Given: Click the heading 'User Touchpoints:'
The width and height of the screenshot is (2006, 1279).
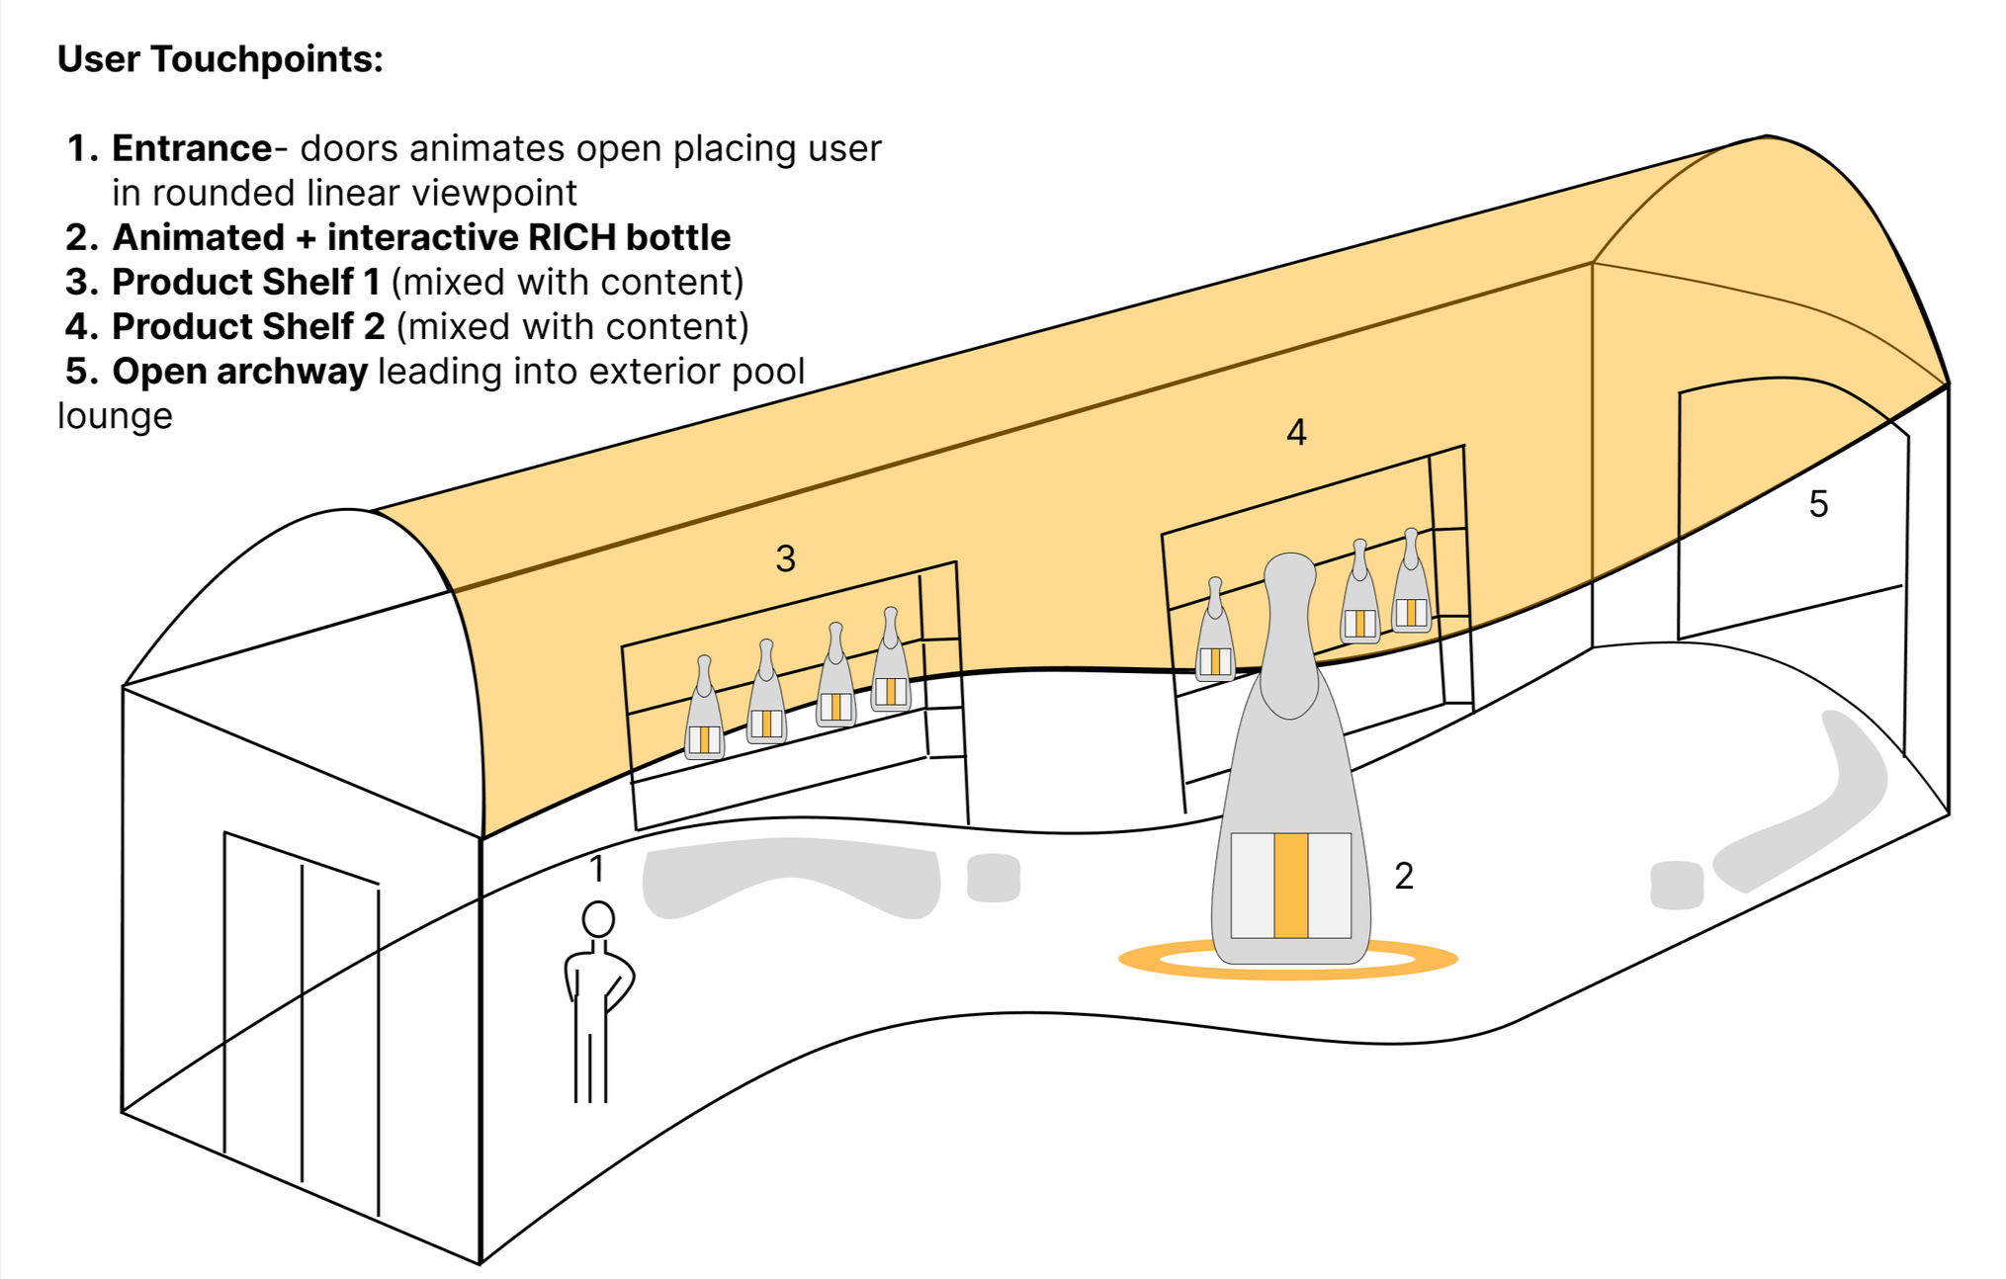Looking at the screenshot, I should (219, 59).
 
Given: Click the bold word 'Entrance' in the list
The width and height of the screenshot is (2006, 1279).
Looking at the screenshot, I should (191, 148).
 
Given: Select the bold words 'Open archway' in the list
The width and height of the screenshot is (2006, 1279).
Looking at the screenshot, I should (239, 372).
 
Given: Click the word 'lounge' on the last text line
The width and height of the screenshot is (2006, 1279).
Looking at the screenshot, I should (115, 416).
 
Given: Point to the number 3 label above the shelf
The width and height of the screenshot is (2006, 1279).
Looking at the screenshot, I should (785, 559).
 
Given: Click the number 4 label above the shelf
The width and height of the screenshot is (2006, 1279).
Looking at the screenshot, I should (1296, 433).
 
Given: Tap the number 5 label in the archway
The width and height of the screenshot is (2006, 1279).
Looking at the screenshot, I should (1818, 504).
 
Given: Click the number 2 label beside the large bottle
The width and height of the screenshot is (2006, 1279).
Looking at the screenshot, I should (1403, 876).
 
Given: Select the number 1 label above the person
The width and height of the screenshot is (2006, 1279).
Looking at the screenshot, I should (596, 869).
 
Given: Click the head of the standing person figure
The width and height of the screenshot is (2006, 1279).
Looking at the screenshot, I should (598, 919).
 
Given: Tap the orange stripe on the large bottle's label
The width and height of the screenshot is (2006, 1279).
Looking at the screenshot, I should (1290, 885).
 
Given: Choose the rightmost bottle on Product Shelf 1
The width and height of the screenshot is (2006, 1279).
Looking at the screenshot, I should (891, 662).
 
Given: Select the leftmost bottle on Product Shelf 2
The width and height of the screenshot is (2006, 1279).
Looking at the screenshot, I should (1215, 633).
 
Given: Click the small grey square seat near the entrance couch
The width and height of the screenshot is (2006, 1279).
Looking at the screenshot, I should (993, 878).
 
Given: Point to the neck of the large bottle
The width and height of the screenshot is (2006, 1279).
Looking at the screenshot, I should (1290, 633).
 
